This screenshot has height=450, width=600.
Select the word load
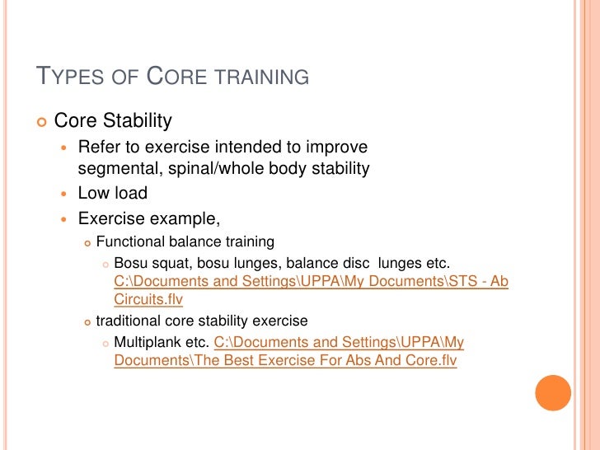point(129,194)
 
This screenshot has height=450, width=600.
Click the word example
point(184,219)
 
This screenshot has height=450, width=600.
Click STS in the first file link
point(465,281)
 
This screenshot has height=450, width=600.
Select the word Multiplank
point(148,341)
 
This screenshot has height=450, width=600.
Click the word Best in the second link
point(241,360)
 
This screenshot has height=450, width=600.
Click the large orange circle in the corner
point(553,393)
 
